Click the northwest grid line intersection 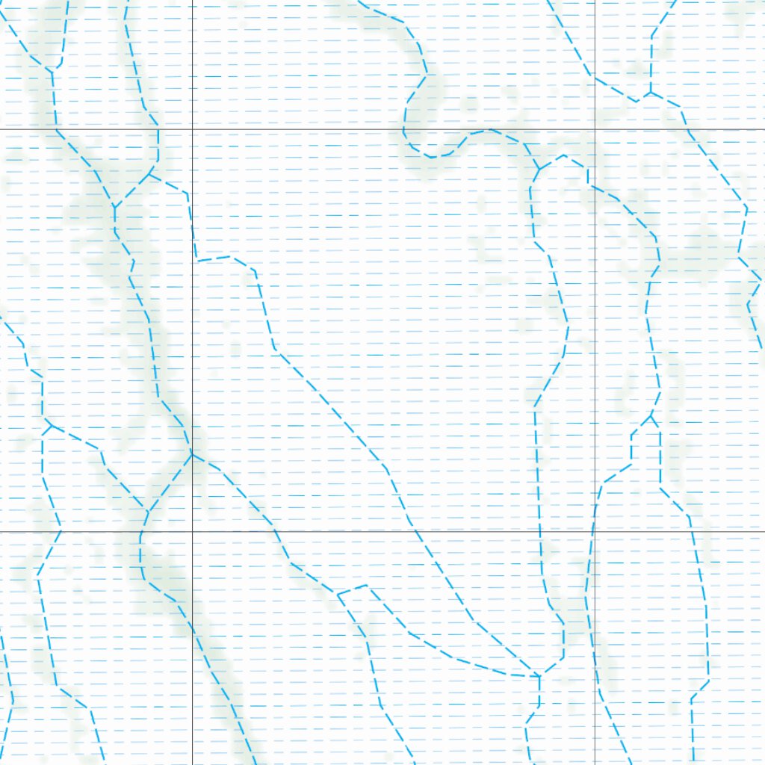(x=192, y=129)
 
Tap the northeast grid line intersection (x=595, y=129)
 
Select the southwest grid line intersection (x=192, y=532)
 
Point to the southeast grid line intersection (x=595, y=532)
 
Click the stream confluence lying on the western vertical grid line (x=192, y=454)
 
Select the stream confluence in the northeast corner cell (x=651, y=93)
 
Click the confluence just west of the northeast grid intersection (x=538, y=169)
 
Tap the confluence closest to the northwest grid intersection (x=151, y=175)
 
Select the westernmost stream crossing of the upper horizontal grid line (x=56, y=129)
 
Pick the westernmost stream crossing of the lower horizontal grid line (x=60, y=532)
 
